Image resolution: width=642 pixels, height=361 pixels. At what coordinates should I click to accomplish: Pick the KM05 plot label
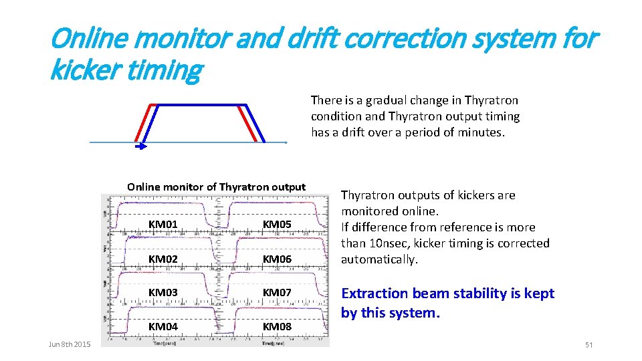pyautogui.click(x=277, y=223)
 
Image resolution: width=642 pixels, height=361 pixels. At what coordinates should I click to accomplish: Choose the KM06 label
pyautogui.click(x=277, y=258)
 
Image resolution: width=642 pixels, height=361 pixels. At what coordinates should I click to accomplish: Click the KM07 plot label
pyautogui.click(x=277, y=293)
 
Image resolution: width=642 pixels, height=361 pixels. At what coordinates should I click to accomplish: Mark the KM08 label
pyautogui.click(x=277, y=326)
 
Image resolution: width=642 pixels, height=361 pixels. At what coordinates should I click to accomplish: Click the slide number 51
pyautogui.click(x=589, y=344)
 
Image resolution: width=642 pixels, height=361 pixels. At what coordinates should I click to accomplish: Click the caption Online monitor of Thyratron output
pyautogui.click(x=216, y=187)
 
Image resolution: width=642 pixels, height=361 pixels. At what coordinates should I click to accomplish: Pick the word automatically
pyautogui.click(x=379, y=259)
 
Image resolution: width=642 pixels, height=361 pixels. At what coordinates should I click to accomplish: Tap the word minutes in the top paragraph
pyautogui.click(x=479, y=132)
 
